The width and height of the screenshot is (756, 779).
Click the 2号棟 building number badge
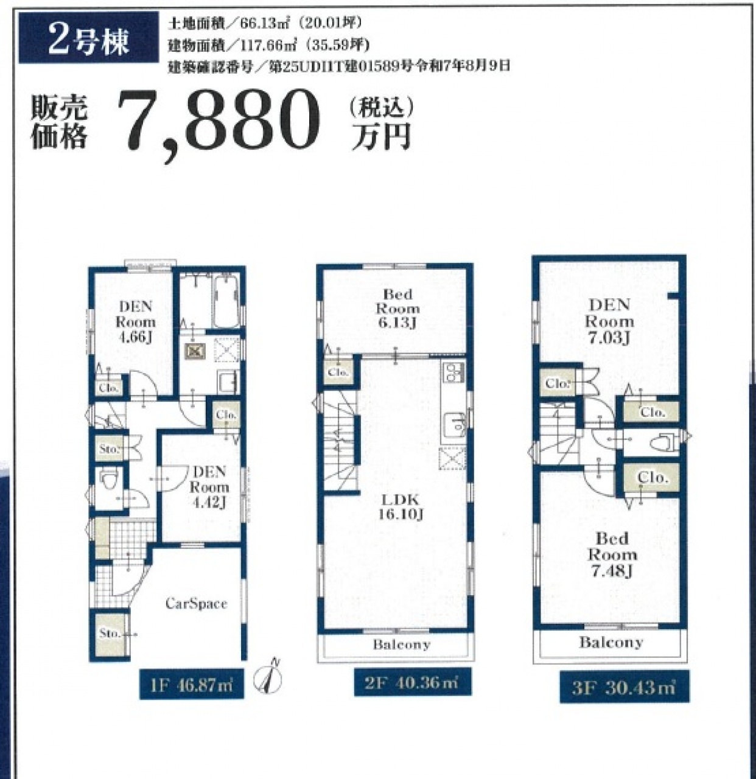[x=88, y=38]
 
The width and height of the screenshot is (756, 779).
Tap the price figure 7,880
[x=219, y=124]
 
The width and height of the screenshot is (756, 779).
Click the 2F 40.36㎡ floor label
[x=413, y=682]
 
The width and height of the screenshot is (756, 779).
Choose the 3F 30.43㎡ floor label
[x=625, y=687]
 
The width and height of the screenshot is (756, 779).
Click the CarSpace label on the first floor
[x=196, y=603]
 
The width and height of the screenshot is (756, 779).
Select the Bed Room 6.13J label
[x=397, y=308]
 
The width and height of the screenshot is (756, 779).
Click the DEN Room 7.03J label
[x=609, y=321]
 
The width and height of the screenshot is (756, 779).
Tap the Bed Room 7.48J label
[x=612, y=555]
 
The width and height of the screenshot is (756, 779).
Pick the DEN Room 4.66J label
[x=135, y=322]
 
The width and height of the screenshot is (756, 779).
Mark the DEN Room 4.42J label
[x=209, y=487]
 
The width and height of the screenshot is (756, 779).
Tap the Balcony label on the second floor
[x=402, y=645]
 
